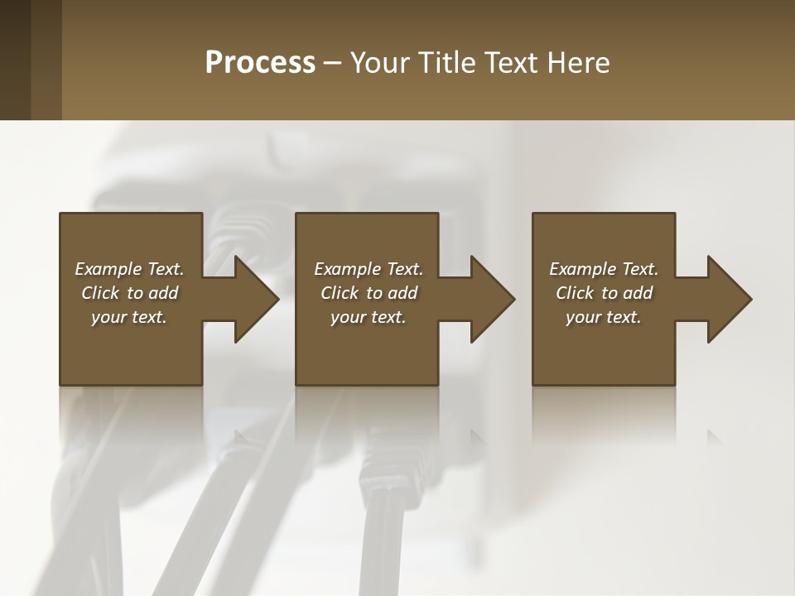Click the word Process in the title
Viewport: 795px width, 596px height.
pyautogui.click(x=260, y=63)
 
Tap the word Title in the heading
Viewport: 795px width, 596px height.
pyautogui.click(x=449, y=63)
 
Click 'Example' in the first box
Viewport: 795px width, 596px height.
pyautogui.click(x=108, y=269)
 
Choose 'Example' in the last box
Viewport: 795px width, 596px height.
pyautogui.click(x=582, y=269)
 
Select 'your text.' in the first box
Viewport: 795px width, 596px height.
pyautogui.click(x=129, y=317)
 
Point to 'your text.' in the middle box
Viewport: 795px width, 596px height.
pyautogui.click(x=369, y=317)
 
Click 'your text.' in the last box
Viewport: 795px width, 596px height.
pyautogui.click(x=604, y=317)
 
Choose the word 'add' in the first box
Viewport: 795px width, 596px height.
pyautogui.click(x=163, y=293)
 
